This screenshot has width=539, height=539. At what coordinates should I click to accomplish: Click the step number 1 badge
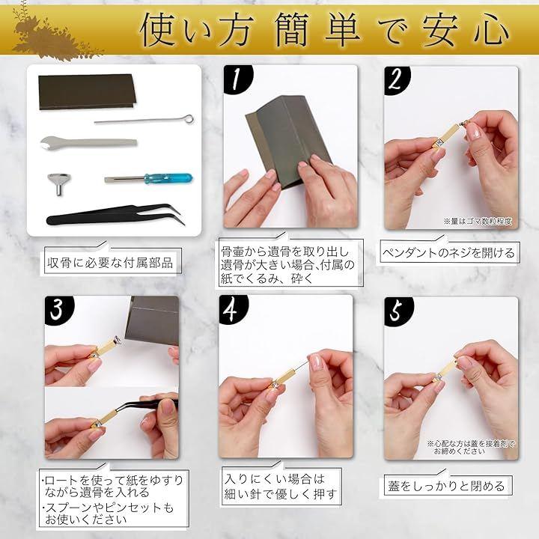[x=237, y=79]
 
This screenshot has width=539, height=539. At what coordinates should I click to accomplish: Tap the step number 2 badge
[x=397, y=80]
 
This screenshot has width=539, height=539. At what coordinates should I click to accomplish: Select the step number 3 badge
[x=58, y=310]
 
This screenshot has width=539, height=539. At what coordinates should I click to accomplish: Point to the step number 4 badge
[x=233, y=309]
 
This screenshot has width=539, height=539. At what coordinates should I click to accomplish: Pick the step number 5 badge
[x=398, y=311]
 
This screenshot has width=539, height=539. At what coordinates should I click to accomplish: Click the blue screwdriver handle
[x=168, y=178]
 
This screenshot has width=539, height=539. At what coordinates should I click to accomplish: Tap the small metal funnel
[x=59, y=184]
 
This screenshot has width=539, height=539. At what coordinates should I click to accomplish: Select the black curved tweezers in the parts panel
[x=116, y=215]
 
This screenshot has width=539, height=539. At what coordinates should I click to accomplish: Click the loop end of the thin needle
[x=189, y=119]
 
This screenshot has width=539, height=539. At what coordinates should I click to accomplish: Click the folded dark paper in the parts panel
[x=87, y=92]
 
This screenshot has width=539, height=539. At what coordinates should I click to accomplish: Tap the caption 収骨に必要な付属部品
[x=110, y=263]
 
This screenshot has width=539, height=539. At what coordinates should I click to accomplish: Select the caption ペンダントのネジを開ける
[x=448, y=253]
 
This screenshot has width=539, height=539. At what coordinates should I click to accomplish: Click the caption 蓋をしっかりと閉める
[x=446, y=486]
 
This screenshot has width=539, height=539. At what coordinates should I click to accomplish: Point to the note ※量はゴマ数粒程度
[x=478, y=221]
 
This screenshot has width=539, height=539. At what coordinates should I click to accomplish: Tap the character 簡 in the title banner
[x=293, y=29]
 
